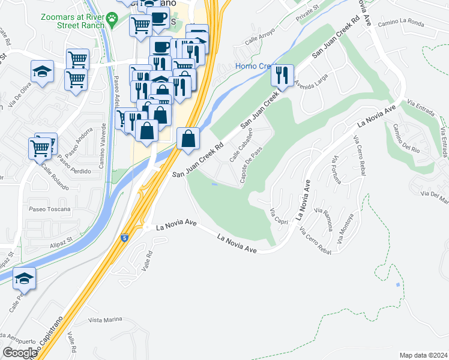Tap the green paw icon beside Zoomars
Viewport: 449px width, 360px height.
[x=112, y=20]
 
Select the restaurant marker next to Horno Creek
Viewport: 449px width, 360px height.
[x=282, y=76]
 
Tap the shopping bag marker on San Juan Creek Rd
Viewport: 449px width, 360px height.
[x=188, y=138]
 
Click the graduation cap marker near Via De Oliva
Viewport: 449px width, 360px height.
[x=42, y=72]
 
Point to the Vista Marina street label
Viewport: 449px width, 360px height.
[x=105, y=320]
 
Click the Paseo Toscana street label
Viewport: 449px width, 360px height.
[x=49, y=209]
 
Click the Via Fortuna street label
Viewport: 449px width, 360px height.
[x=337, y=168]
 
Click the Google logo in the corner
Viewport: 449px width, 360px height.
[x=20, y=353]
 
